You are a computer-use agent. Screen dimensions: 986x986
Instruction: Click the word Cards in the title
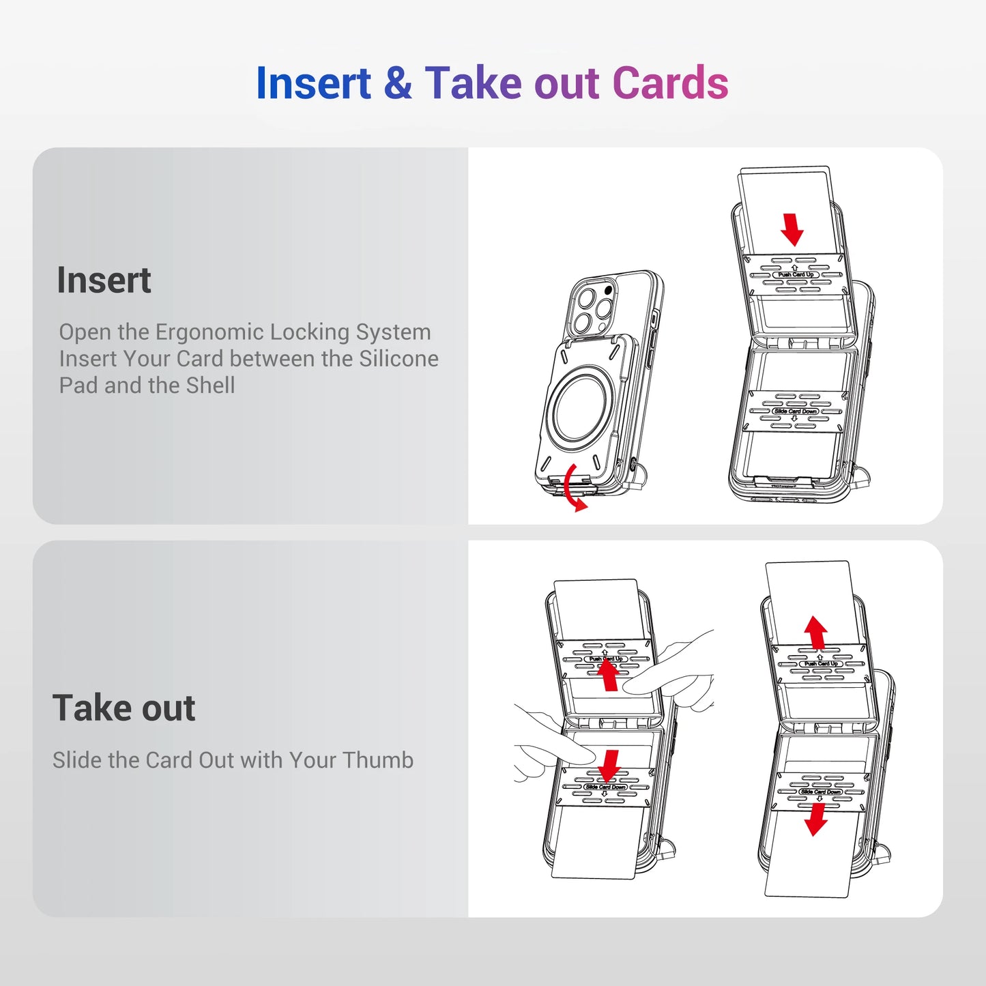670,83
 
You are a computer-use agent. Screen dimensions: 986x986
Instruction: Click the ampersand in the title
397,83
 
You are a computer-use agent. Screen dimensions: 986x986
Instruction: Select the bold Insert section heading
104,280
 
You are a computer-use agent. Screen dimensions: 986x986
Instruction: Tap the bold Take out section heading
124,708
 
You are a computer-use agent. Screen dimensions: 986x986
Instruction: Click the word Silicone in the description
398,359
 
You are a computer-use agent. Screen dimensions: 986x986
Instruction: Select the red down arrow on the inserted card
792,229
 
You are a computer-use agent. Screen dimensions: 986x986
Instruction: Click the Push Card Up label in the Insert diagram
795,274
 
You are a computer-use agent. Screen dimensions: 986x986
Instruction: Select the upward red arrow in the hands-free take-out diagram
815,633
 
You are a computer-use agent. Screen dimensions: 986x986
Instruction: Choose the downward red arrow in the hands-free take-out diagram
815,819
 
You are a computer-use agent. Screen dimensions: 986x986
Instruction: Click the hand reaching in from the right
676,676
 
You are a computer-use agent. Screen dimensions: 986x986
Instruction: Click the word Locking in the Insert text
309,332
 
